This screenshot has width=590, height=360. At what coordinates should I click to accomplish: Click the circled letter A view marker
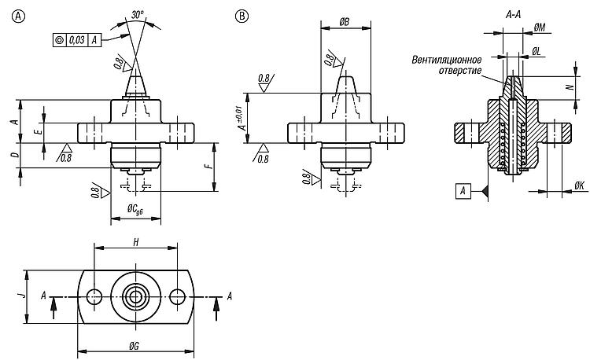(x=18, y=17)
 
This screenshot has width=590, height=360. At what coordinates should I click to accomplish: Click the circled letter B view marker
(x=242, y=17)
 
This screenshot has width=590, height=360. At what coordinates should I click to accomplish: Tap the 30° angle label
(x=138, y=15)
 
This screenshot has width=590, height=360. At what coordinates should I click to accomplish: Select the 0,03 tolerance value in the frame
(x=77, y=40)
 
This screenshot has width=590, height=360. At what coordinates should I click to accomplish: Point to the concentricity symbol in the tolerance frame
(x=60, y=40)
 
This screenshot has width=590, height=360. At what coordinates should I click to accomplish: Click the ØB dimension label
(x=344, y=23)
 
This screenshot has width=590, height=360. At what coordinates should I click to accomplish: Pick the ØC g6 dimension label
(x=135, y=209)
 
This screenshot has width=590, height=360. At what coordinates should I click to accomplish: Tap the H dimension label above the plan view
(x=136, y=242)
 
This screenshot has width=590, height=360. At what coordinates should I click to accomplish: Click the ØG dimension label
(x=134, y=346)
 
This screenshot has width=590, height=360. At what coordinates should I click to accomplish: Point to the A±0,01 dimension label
(x=243, y=117)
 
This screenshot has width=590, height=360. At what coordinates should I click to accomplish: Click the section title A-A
(x=513, y=15)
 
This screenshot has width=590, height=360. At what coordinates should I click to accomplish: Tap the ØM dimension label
(x=540, y=28)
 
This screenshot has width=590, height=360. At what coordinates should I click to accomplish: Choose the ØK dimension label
(x=580, y=186)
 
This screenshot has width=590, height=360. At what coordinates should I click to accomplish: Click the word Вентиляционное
(x=447, y=60)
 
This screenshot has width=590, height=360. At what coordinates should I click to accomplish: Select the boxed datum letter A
(x=463, y=191)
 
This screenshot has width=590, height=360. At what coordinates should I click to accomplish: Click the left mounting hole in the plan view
(x=94, y=297)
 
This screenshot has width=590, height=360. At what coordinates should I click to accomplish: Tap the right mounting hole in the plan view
(x=178, y=297)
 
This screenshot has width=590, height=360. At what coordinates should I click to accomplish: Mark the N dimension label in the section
(x=571, y=86)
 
